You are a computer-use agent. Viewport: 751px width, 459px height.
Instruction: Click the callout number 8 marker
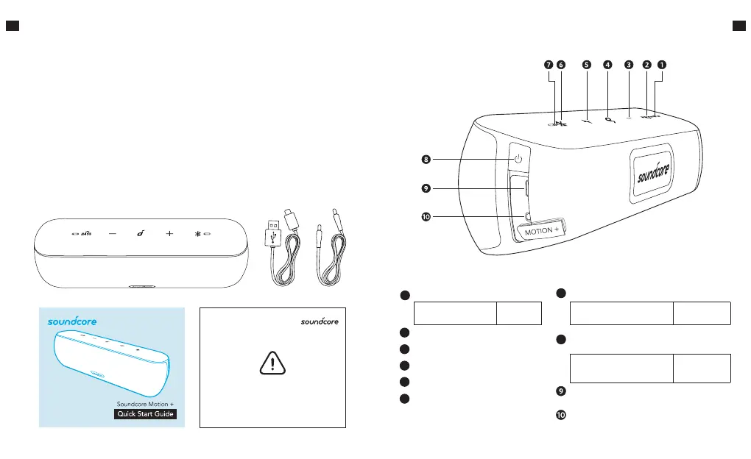click(426, 158)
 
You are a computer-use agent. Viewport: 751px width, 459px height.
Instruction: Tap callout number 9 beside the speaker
click(426, 188)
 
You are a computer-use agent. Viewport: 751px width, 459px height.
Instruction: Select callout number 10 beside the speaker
click(426, 217)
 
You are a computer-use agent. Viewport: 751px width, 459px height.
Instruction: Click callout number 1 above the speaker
click(662, 65)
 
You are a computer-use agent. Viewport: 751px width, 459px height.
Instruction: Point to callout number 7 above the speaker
click(549, 65)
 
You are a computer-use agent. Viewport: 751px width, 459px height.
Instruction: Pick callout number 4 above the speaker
click(607, 65)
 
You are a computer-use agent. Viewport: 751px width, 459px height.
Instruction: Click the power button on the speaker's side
click(518, 159)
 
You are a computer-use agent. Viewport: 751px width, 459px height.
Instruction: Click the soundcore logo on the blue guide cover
click(72, 321)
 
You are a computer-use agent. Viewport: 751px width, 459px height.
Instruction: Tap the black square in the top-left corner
click(11, 26)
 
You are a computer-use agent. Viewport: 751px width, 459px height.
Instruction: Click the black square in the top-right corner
click(739, 26)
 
